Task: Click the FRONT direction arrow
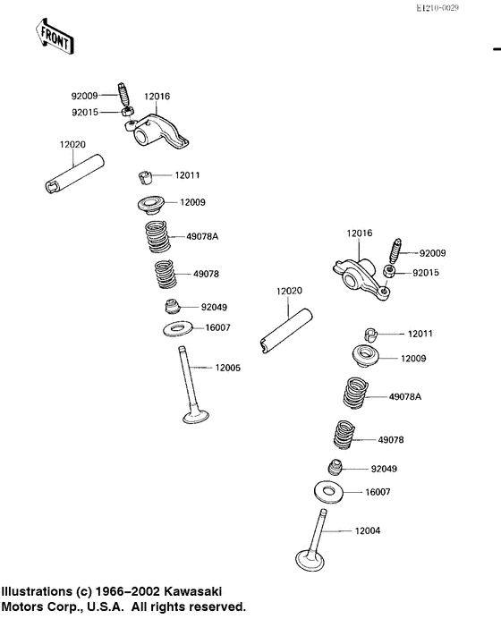click(x=55, y=36)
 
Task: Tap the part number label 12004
click(x=368, y=530)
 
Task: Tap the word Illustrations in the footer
click(x=36, y=592)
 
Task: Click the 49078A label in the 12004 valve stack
click(x=405, y=395)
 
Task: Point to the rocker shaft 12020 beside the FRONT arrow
click(x=74, y=174)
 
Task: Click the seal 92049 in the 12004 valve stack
click(x=335, y=468)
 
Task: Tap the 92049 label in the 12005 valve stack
click(x=216, y=307)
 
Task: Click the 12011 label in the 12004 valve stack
click(x=420, y=334)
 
